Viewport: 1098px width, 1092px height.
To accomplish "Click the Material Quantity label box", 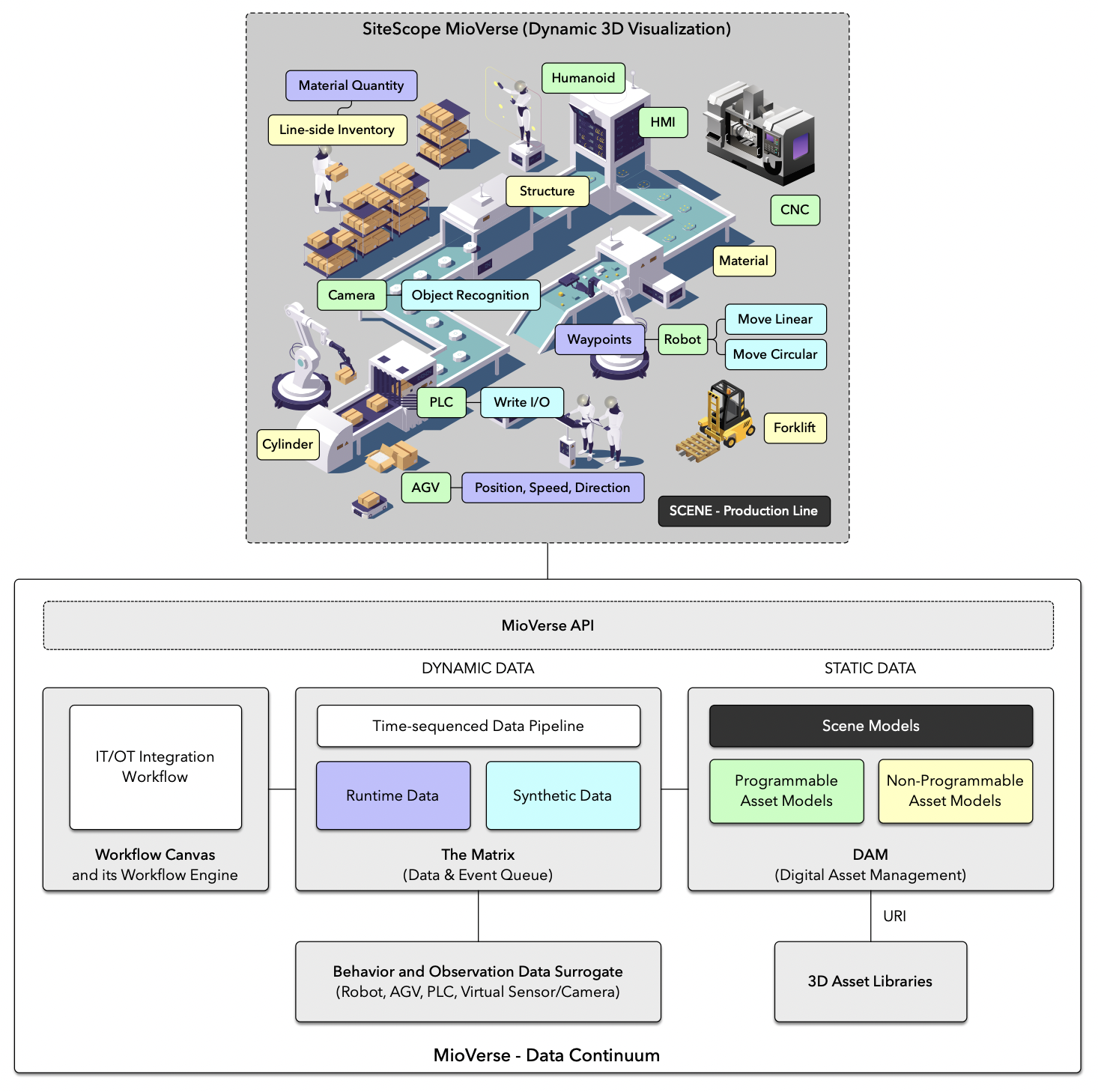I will [x=351, y=85].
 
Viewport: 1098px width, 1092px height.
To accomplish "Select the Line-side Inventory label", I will [x=337, y=130].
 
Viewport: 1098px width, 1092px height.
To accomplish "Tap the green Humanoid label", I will [x=583, y=78].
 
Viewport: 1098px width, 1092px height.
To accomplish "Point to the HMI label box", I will [x=663, y=122].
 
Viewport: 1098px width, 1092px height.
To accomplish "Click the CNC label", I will [x=795, y=210].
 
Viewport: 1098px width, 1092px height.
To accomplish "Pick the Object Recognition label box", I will [x=470, y=295].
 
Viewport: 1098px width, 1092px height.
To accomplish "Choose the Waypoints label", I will [x=599, y=339].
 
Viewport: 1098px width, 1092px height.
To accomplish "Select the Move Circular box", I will [x=775, y=354].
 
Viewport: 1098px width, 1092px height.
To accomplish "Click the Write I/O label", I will [x=521, y=402].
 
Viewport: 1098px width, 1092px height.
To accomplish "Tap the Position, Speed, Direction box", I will [x=552, y=488].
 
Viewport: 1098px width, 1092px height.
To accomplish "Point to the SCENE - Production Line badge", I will [x=744, y=511].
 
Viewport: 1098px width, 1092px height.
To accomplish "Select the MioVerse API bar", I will [x=548, y=625].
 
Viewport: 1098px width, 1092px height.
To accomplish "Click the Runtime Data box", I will [x=393, y=795].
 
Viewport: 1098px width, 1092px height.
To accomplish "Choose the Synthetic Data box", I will [x=562, y=795].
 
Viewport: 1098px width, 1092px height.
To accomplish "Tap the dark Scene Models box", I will [x=870, y=726].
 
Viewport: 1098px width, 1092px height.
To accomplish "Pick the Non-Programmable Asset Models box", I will [x=955, y=791].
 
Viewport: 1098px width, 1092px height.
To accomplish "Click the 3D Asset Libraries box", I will [x=870, y=981].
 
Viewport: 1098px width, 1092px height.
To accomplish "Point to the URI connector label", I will [x=894, y=916].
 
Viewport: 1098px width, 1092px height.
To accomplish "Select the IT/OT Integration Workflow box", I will [x=155, y=767].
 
